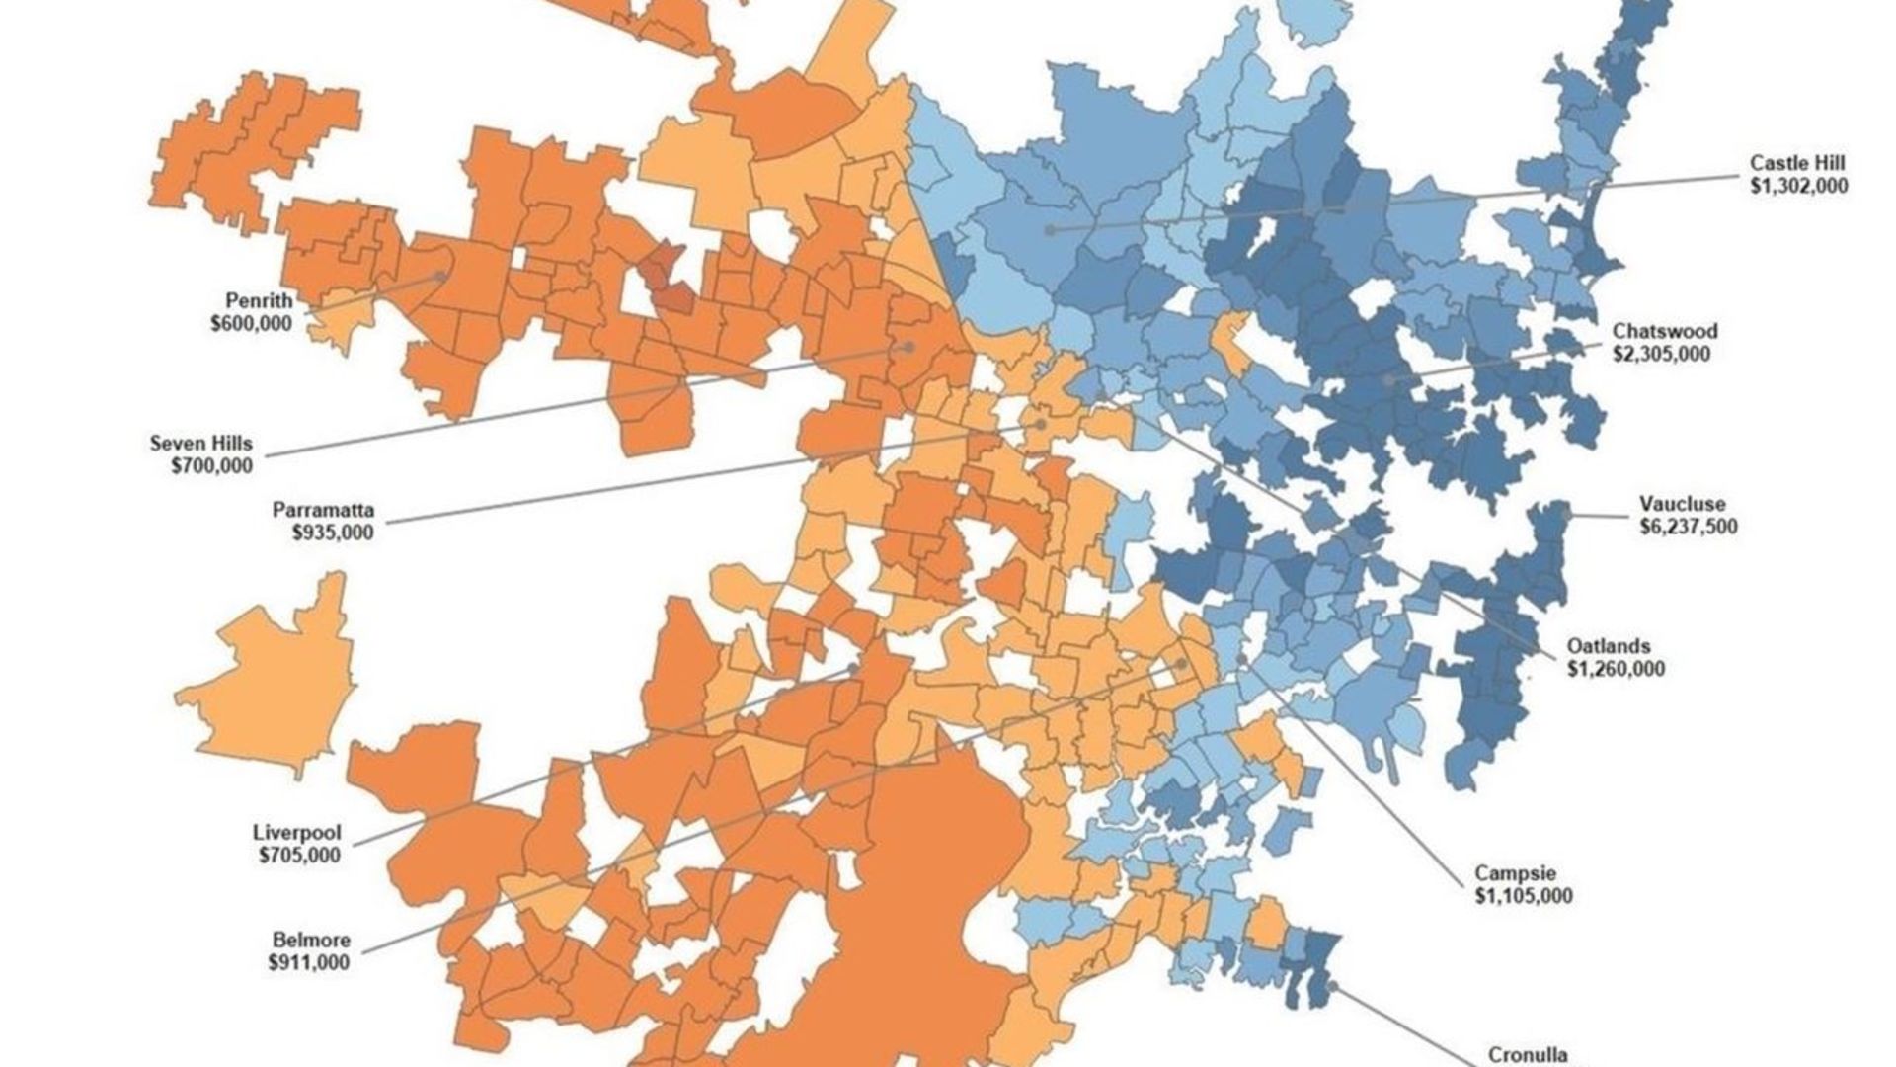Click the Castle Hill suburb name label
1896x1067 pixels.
pos(1797,163)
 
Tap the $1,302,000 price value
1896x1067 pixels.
pos(1797,186)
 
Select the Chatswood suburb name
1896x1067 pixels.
pos(1665,331)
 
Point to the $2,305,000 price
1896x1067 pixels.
pos(1661,354)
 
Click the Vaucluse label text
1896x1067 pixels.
pos(1683,504)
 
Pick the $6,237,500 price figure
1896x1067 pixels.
pos(1689,527)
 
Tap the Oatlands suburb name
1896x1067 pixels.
pos(1609,646)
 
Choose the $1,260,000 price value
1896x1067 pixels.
pos(1616,669)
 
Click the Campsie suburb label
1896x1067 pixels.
pos(1516,873)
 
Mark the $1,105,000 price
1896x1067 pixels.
pos(1524,896)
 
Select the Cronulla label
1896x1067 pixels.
pos(1528,1055)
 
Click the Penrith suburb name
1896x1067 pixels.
pos(259,300)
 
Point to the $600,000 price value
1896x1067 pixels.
pos(251,323)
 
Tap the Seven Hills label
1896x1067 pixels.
pos(201,443)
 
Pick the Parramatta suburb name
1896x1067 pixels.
pos(324,510)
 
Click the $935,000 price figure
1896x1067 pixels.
pos(333,533)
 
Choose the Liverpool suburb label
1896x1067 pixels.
pos(296,833)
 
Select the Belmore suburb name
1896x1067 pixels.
pos(311,940)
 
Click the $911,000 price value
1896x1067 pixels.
pos(308,962)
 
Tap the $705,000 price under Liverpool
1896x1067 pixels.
pos(299,856)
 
